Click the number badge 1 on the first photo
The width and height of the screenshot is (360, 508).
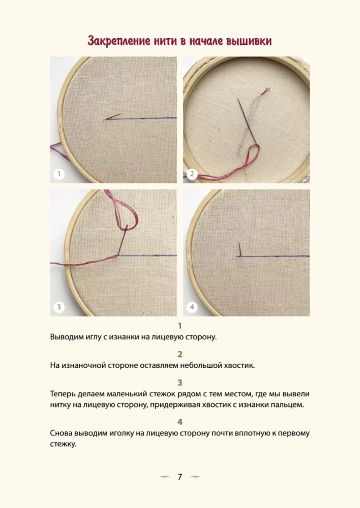[x=59, y=174]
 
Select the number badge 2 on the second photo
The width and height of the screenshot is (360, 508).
[x=192, y=174]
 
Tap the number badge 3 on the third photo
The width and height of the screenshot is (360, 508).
[x=59, y=307]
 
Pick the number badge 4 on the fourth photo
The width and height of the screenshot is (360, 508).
[x=192, y=307]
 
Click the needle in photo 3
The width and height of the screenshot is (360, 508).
[x=122, y=241]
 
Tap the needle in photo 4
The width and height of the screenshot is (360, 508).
[x=239, y=249]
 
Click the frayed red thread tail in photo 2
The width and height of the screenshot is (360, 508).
[x=265, y=92]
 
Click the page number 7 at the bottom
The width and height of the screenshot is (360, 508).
[x=179, y=477]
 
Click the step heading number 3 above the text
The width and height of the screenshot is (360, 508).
[x=179, y=383]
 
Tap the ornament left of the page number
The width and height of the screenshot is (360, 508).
[x=165, y=477]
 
